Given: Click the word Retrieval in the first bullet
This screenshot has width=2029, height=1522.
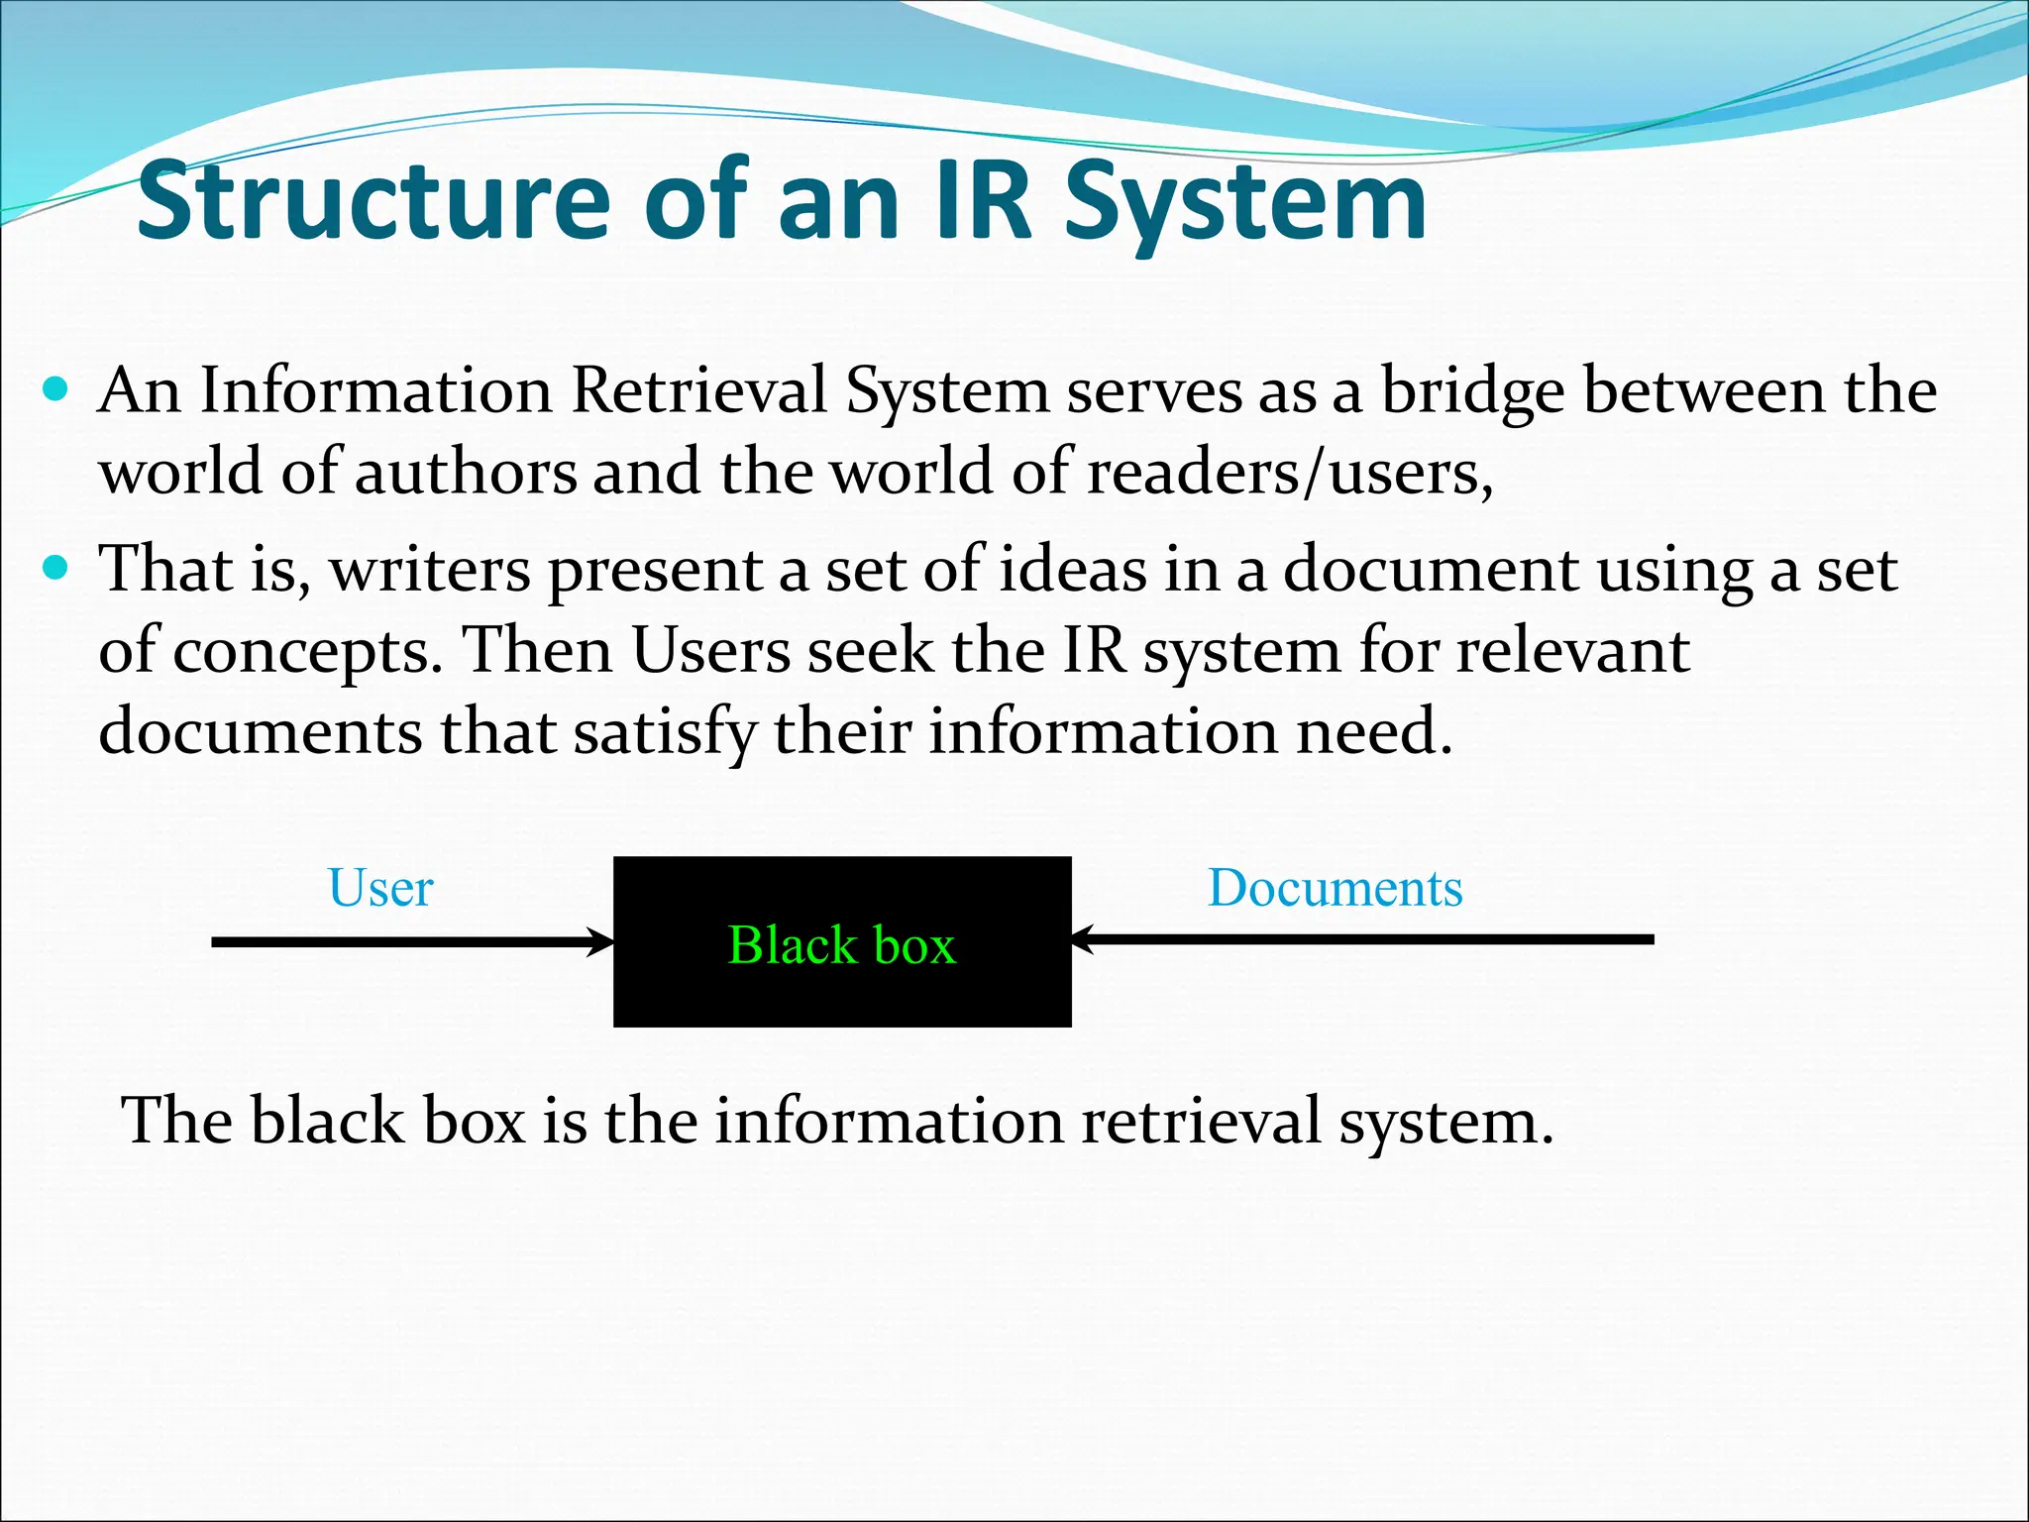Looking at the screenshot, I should click(698, 390).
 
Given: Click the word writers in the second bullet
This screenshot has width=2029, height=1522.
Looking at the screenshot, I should click(430, 571).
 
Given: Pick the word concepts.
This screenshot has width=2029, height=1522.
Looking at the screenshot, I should click(307, 654).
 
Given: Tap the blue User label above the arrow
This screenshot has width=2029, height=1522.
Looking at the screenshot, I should click(380, 888).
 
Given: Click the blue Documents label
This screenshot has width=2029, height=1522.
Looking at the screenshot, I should click(1335, 888).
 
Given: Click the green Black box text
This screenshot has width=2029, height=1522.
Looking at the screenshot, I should click(842, 944).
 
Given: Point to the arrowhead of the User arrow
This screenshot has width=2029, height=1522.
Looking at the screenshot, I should click(602, 941).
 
